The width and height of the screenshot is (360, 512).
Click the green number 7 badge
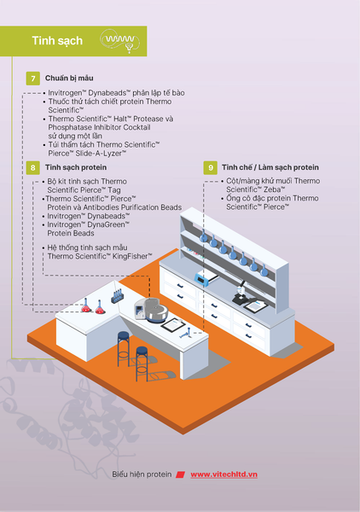click(33, 79)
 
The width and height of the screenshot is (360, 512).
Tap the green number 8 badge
click(33, 167)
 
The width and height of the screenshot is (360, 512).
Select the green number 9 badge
click(211, 167)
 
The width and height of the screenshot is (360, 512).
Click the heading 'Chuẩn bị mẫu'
click(69, 79)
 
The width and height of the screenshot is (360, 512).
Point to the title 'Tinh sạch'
click(57, 41)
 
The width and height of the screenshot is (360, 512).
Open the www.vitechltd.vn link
click(224, 474)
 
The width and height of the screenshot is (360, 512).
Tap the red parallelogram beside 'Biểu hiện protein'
click(181, 474)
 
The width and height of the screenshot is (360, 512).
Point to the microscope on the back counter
click(241, 293)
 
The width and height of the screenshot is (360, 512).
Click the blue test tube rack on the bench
click(118, 296)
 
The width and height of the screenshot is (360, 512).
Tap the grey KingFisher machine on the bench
click(152, 311)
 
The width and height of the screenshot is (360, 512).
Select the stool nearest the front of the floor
click(142, 364)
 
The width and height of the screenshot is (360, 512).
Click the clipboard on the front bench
click(173, 324)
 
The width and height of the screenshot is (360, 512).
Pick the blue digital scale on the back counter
click(206, 278)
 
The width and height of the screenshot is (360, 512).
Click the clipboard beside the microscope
click(256, 306)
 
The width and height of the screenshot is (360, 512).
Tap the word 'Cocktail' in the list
click(136, 127)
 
